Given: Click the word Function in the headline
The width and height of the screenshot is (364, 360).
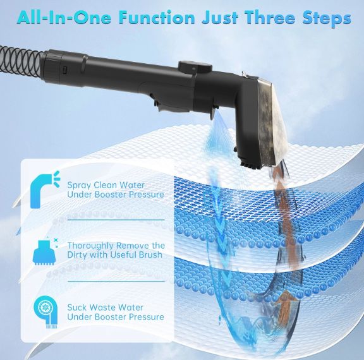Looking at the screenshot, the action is click(x=157, y=18).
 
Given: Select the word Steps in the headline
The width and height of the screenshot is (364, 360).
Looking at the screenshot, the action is click(x=327, y=18).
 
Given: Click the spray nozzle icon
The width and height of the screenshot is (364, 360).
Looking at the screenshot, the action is click(x=45, y=189).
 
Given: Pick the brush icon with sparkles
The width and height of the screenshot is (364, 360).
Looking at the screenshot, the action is click(x=45, y=251).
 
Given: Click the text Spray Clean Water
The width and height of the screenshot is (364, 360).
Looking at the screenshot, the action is click(x=106, y=185).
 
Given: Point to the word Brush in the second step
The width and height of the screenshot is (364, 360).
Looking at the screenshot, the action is click(x=150, y=255).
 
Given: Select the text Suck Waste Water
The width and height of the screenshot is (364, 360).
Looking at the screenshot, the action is click(x=105, y=308).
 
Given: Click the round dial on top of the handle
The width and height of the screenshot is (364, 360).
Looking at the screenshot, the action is click(x=195, y=67).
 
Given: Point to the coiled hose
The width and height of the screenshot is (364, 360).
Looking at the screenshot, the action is click(x=21, y=63).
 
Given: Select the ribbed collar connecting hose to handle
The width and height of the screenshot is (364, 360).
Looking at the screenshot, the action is click(x=52, y=66).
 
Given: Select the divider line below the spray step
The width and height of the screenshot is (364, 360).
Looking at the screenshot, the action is click(x=116, y=220).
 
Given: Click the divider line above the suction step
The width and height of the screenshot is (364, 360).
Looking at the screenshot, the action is click(x=116, y=281).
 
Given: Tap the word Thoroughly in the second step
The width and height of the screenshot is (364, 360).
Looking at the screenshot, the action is click(x=90, y=246).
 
